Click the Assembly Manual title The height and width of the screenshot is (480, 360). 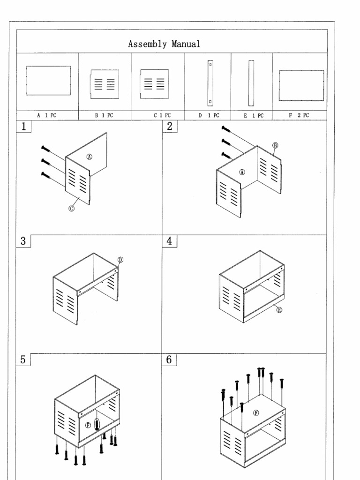click(164, 45)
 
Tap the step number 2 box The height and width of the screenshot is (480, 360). click(170, 127)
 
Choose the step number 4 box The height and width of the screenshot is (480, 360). click(170, 241)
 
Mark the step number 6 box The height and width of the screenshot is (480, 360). click(170, 360)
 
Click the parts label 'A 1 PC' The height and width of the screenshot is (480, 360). click(47, 115)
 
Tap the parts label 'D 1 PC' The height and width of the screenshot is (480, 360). click(208, 115)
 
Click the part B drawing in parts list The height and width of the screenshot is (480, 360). click(105, 84)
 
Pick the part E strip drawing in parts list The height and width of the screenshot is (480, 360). click(251, 83)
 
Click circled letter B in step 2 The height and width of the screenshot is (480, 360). click(276, 146)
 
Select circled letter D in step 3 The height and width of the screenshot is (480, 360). click(120, 259)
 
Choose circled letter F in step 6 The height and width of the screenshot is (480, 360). click(256, 413)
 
